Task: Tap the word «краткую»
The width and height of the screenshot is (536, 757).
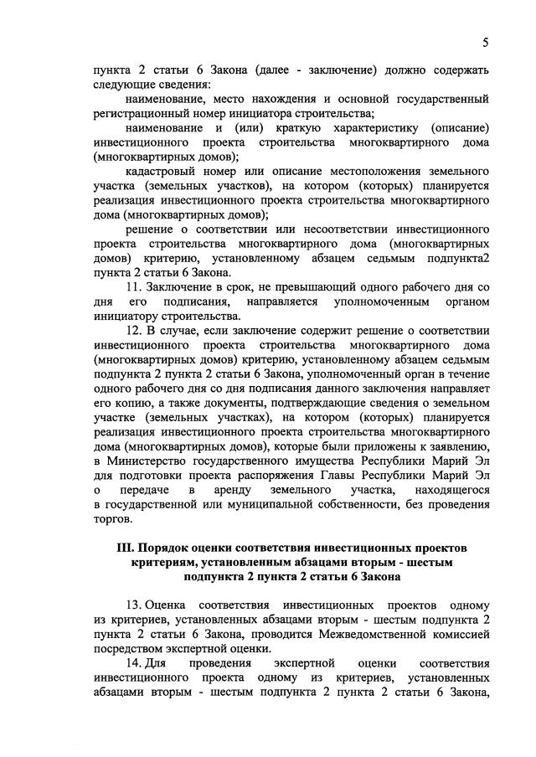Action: coord(276,127)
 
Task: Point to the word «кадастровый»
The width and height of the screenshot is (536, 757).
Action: coord(162,171)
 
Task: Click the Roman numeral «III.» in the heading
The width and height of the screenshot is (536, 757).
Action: coord(126,548)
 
